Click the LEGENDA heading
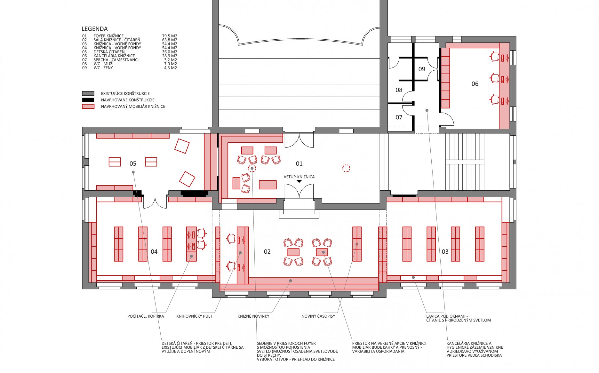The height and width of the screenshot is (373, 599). click(x=95, y=29)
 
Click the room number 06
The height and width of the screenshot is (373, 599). click(x=475, y=84)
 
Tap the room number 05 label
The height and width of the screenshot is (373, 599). click(x=133, y=164)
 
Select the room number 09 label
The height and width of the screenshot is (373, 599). click(x=422, y=69)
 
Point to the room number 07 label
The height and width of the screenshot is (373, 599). click(x=399, y=117)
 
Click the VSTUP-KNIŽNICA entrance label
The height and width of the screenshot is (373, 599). click(x=299, y=177)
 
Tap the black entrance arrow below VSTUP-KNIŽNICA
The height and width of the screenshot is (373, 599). click(x=299, y=181)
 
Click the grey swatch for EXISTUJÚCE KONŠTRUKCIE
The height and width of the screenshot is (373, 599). click(x=88, y=93)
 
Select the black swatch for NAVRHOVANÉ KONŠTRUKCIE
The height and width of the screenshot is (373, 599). click(x=88, y=100)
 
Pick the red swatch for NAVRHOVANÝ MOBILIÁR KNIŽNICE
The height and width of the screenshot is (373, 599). click(x=88, y=106)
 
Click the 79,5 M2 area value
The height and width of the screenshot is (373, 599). click(x=170, y=36)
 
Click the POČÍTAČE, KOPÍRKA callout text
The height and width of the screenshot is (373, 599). click(x=146, y=316)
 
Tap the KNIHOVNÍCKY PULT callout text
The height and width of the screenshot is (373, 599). click(x=194, y=316)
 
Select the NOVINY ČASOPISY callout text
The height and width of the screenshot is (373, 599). click(x=318, y=316)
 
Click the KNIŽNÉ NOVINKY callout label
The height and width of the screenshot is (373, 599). click(x=253, y=316)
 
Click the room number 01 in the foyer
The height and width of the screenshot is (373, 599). click(x=299, y=164)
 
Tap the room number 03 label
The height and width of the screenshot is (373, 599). click(x=445, y=252)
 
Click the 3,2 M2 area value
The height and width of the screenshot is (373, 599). click(x=171, y=60)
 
